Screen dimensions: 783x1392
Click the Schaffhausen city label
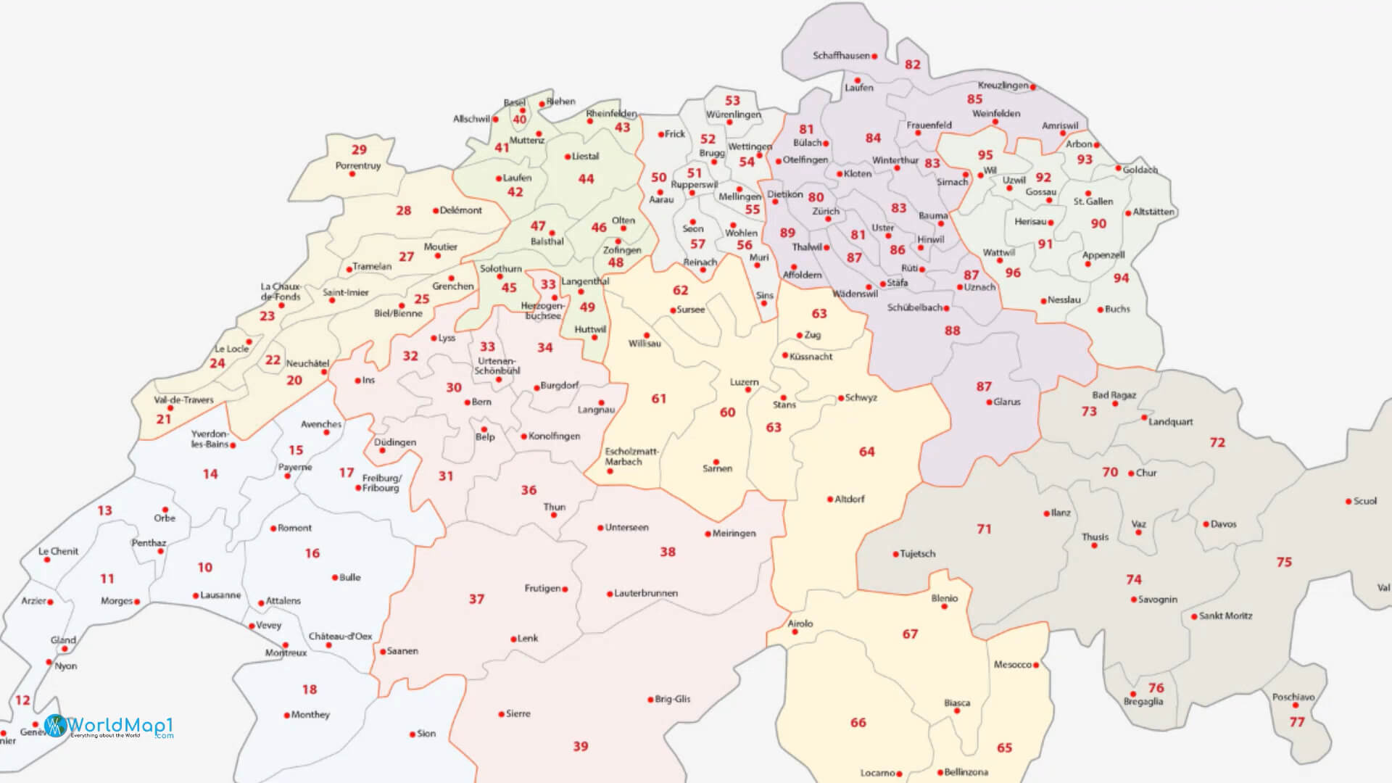[841, 56]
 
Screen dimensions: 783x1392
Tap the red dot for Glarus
[990, 402]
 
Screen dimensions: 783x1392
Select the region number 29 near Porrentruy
[359, 150]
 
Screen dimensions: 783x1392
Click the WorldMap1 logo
[109, 726]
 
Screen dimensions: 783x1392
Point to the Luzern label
[744, 382]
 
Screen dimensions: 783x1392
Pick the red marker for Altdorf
[830, 500]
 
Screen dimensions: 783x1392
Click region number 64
[867, 452]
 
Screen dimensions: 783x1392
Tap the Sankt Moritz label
[1225, 616]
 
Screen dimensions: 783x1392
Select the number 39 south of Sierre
[581, 746]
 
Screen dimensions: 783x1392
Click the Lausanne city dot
[196, 596]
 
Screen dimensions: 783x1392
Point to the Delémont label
[460, 210]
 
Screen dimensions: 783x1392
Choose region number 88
[952, 331]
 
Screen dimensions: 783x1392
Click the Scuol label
[1364, 501]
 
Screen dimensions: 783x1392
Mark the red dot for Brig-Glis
[650, 700]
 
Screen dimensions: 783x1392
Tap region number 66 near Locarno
[858, 723]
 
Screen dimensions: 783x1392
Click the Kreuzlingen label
[1003, 86]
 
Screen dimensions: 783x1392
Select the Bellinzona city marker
[940, 773]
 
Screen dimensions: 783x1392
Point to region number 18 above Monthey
[310, 689]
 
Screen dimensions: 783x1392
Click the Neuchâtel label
[307, 363]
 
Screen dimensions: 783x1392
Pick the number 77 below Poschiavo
[1297, 722]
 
